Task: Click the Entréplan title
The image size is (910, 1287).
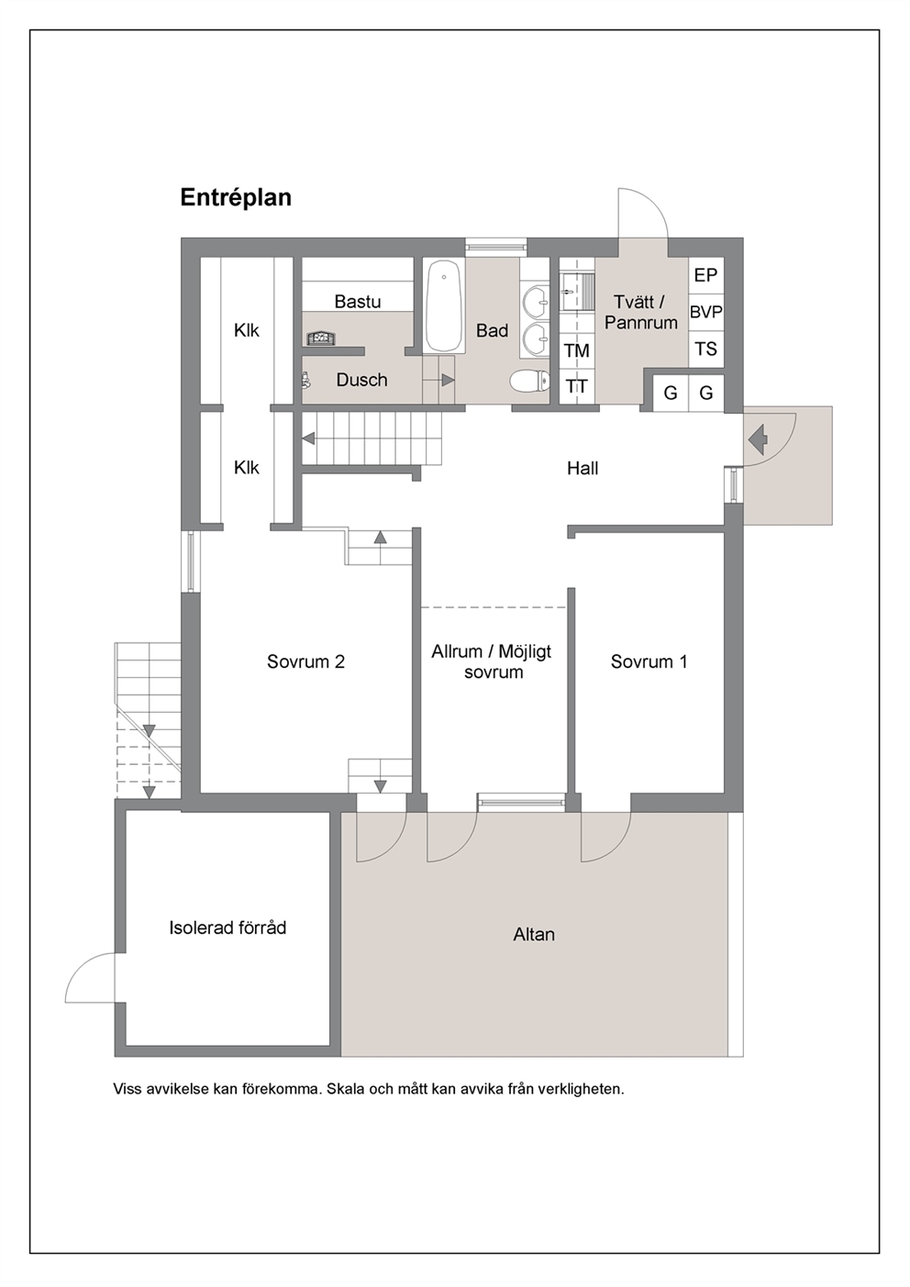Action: [236, 198]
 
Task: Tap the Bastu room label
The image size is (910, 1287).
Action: [358, 302]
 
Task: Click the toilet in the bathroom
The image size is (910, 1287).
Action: [529, 381]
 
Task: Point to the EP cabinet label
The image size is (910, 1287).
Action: [705, 275]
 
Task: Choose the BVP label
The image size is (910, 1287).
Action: [706, 313]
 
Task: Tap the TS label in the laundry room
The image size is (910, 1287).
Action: [705, 349]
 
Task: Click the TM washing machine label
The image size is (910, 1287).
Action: [576, 350]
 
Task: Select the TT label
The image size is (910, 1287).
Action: [576, 387]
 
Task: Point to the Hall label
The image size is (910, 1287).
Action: [583, 468]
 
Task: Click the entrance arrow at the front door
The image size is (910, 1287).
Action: [759, 439]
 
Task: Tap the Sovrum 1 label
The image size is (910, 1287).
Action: [649, 662]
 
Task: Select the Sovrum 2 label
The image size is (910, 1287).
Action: [305, 662]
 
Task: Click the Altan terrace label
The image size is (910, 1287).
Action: [534, 934]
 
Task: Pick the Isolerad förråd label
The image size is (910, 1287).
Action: [227, 928]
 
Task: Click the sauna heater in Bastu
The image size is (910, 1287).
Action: [320, 338]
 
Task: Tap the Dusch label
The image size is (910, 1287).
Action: [361, 380]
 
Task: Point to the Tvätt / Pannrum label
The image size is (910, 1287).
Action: [640, 312]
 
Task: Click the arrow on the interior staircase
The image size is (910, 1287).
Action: [308, 438]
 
